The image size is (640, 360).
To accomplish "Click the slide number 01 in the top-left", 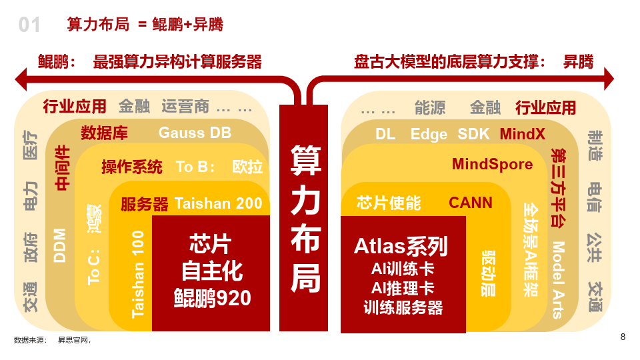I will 29,25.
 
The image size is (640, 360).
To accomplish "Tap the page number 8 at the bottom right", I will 623,337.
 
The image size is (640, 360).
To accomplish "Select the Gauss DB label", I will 195,133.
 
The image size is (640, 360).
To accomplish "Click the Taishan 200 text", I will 218,203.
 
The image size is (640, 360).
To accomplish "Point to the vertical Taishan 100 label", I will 138,273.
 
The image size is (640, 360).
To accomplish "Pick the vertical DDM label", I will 60,245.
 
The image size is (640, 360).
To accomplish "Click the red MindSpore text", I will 492,164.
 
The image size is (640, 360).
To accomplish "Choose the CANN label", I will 470,203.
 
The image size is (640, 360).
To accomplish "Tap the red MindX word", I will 522,134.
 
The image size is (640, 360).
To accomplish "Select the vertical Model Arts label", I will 558,280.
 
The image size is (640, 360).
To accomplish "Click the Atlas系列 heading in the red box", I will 400,247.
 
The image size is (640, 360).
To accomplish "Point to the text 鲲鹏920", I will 212,298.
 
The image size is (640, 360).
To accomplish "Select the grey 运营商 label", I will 185,107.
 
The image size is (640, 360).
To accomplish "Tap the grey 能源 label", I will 429,107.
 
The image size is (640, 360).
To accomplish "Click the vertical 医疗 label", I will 31,145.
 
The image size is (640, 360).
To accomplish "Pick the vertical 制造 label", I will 595,145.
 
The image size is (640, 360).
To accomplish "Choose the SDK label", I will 473,134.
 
